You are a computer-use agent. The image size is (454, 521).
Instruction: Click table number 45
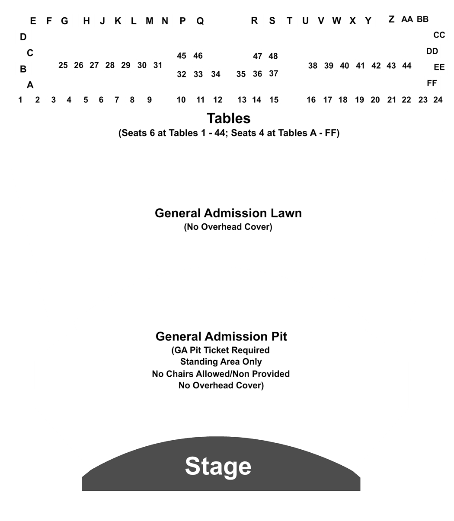[x=182, y=56]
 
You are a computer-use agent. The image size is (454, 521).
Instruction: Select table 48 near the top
[x=273, y=56]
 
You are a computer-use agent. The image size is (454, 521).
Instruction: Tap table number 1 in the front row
[x=20, y=100]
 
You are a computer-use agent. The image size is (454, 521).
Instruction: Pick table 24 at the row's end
[x=438, y=100]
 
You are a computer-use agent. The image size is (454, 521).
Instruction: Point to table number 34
[x=215, y=74]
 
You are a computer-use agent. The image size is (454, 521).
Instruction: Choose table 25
[x=63, y=65]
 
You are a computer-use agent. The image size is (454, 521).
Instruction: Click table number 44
[x=406, y=66]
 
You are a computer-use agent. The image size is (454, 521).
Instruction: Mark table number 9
[x=149, y=100]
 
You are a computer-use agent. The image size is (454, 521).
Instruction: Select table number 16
[x=311, y=100]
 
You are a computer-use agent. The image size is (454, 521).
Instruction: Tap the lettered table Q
[x=200, y=21]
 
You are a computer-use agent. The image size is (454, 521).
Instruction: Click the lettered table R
[x=254, y=20]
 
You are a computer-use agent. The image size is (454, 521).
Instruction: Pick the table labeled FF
[x=432, y=83]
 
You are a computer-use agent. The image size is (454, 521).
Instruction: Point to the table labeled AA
[x=407, y=19]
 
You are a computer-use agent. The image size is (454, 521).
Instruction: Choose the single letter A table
[x=30, y=85]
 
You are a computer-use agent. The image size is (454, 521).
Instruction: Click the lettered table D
[x=23, y=37]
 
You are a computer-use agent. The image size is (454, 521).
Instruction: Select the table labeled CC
[x=439, y=35]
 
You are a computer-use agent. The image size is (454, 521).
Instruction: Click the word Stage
[x=218, y=466]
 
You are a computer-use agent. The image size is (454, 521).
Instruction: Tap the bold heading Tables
[x=229, y=118]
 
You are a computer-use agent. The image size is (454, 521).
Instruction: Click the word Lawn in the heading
[x=286, y=213]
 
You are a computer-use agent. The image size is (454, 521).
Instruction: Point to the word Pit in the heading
[x=279, y=337]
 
